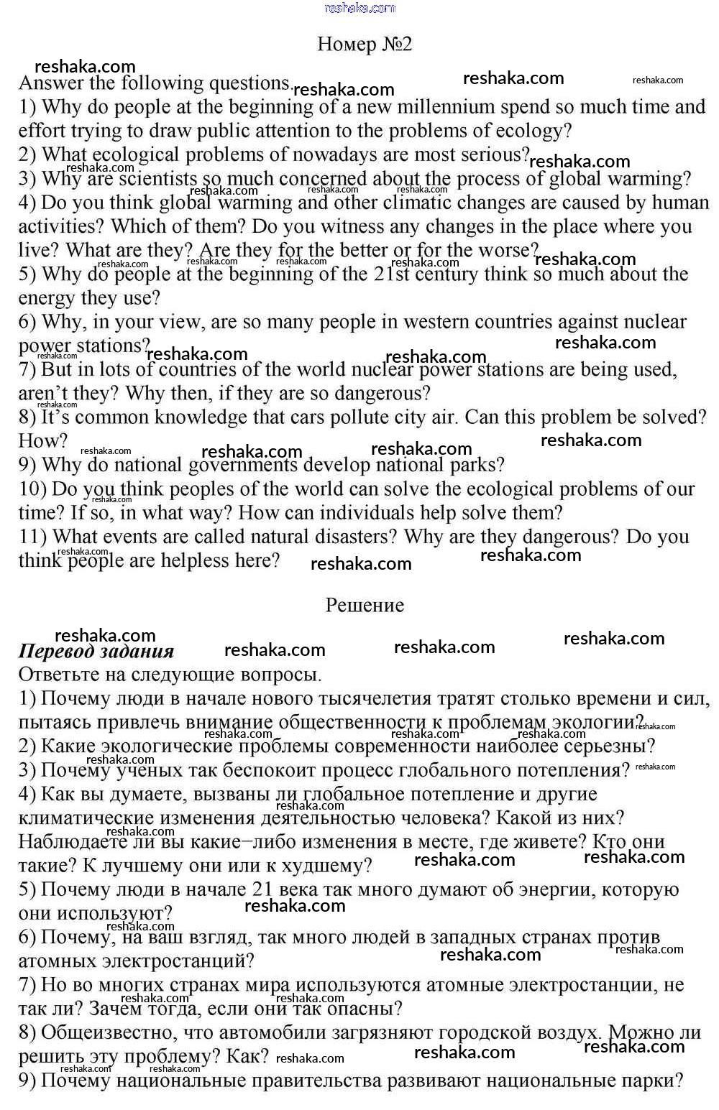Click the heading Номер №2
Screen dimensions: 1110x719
(x=365, y=45)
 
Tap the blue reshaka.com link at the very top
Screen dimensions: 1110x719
(x=359, y=8)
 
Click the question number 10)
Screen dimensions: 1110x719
(x=32, y=489)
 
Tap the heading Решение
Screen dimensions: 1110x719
(x=365, y=605)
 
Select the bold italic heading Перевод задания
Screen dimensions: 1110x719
(x=96, y=651)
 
